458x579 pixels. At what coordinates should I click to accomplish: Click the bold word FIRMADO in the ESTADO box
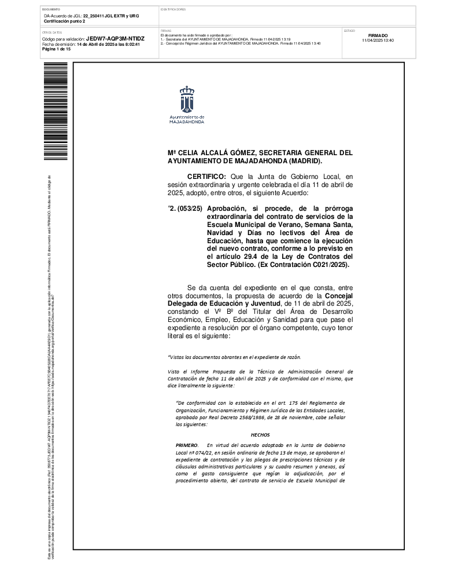tap(378, 35)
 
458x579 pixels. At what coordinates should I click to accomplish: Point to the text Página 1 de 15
tap(56, 49)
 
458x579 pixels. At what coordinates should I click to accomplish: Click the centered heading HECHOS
tap(260, 434)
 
